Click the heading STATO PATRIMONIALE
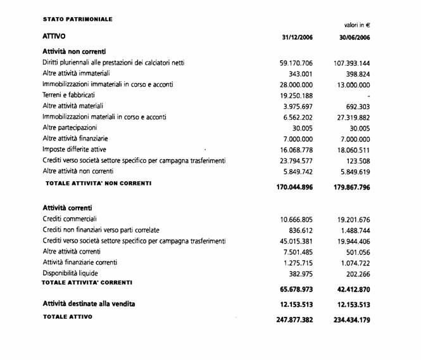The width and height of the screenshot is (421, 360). coord(77,20)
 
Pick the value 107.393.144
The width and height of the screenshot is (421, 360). coord(351,63)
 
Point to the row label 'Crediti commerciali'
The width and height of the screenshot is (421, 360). coord(71,219)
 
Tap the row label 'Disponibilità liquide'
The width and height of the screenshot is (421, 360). coord(73,273)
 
